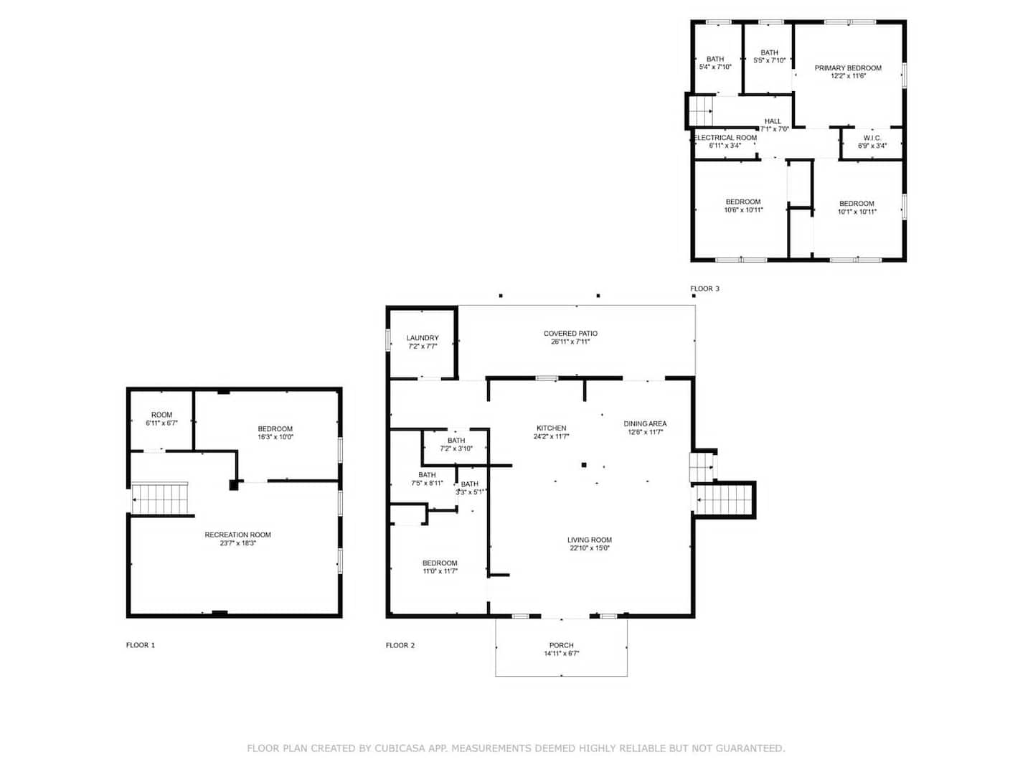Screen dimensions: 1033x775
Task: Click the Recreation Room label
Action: click(x=237, y=535)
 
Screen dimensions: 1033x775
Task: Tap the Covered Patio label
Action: click(x=570, y=333)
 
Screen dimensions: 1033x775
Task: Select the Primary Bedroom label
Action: click(x=848, y=67)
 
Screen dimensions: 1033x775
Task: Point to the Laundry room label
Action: click(x=423, y=338)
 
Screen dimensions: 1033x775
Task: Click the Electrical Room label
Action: click(x=726, y=137)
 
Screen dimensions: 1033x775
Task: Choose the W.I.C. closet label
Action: click(x=872, y=138)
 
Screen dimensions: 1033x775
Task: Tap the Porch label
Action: click(x=562, y=645)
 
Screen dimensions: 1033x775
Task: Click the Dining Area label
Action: click(x=645, y=423)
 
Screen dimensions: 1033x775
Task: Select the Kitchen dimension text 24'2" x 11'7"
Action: click(x=551, y=436)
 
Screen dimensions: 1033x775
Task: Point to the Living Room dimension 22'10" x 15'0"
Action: click(x=590, y=548)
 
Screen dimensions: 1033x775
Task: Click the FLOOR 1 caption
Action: click(x=140, y=645)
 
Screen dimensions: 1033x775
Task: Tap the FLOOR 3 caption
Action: click(x=704, y=288)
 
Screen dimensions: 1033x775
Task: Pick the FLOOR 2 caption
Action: click(x=400, y=645)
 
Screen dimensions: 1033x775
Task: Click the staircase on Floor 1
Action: click(x=159, y=499)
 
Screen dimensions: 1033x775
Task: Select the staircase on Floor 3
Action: click(x=701, y=111)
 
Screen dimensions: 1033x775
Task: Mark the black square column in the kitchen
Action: click(x=584, y=465)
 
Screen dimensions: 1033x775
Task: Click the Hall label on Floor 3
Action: click(x=773, y=121)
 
